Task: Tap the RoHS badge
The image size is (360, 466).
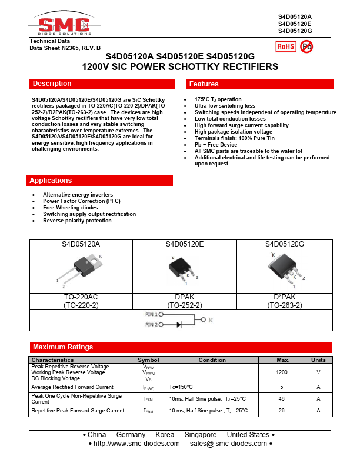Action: coord(285,46)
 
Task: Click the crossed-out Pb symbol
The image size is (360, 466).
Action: coord(307,46)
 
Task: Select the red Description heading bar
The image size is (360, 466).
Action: coord(101,84)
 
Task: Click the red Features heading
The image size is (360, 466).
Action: coord(258,84)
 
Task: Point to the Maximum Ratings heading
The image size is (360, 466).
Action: coord(180,347)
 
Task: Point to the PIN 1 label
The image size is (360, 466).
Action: coord(151,315)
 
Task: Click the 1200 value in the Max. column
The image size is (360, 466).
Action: coord(282,372)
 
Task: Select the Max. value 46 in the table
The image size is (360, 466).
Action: coord(282,398)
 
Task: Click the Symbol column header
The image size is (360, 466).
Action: coord(148,360)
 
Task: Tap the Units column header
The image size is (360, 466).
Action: coord(318,360)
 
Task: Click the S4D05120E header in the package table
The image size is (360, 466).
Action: coord(184,244)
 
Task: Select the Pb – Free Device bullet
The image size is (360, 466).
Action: coord(216,145)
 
